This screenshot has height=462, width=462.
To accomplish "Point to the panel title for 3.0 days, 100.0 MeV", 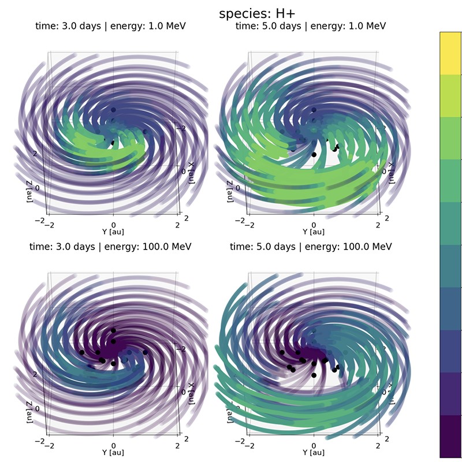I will pos(110,247).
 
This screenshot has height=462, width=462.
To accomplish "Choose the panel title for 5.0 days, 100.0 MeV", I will pos(311,247).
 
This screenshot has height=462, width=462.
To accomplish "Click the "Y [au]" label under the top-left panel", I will pos(113,232).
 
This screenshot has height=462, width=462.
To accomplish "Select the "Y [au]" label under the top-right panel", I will pos(314,232).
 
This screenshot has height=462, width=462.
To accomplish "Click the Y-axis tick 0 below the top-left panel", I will pos(114,223).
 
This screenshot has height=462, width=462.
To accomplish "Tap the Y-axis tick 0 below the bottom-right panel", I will pos(314,444).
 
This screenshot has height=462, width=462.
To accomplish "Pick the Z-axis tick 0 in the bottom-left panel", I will pos(38,408).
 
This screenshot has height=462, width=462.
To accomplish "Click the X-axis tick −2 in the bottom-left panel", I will pos(184,349).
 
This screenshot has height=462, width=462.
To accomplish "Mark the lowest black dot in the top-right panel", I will pos(314,154).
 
